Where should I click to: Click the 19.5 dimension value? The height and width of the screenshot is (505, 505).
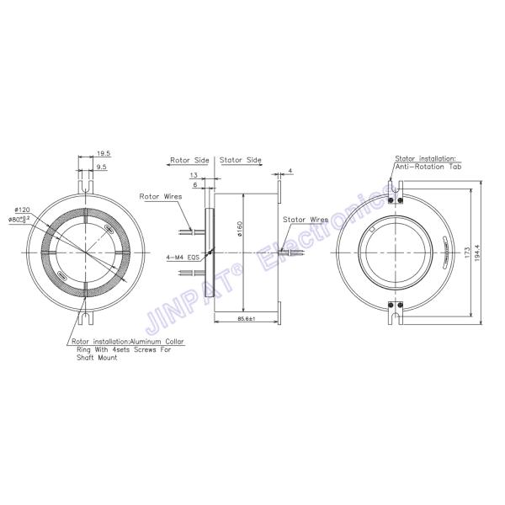coord(104,153)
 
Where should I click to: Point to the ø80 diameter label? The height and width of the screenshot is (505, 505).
coord(19,219)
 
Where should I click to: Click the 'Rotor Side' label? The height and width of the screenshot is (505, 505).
coord(189,158)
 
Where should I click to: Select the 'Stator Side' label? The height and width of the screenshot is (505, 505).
coord(241,158)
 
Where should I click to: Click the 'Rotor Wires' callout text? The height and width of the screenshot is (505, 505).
coord(160,196)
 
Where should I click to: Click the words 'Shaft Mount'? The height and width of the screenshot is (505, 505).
coord(94,357)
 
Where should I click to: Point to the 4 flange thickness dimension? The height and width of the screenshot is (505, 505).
coord(290,171)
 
